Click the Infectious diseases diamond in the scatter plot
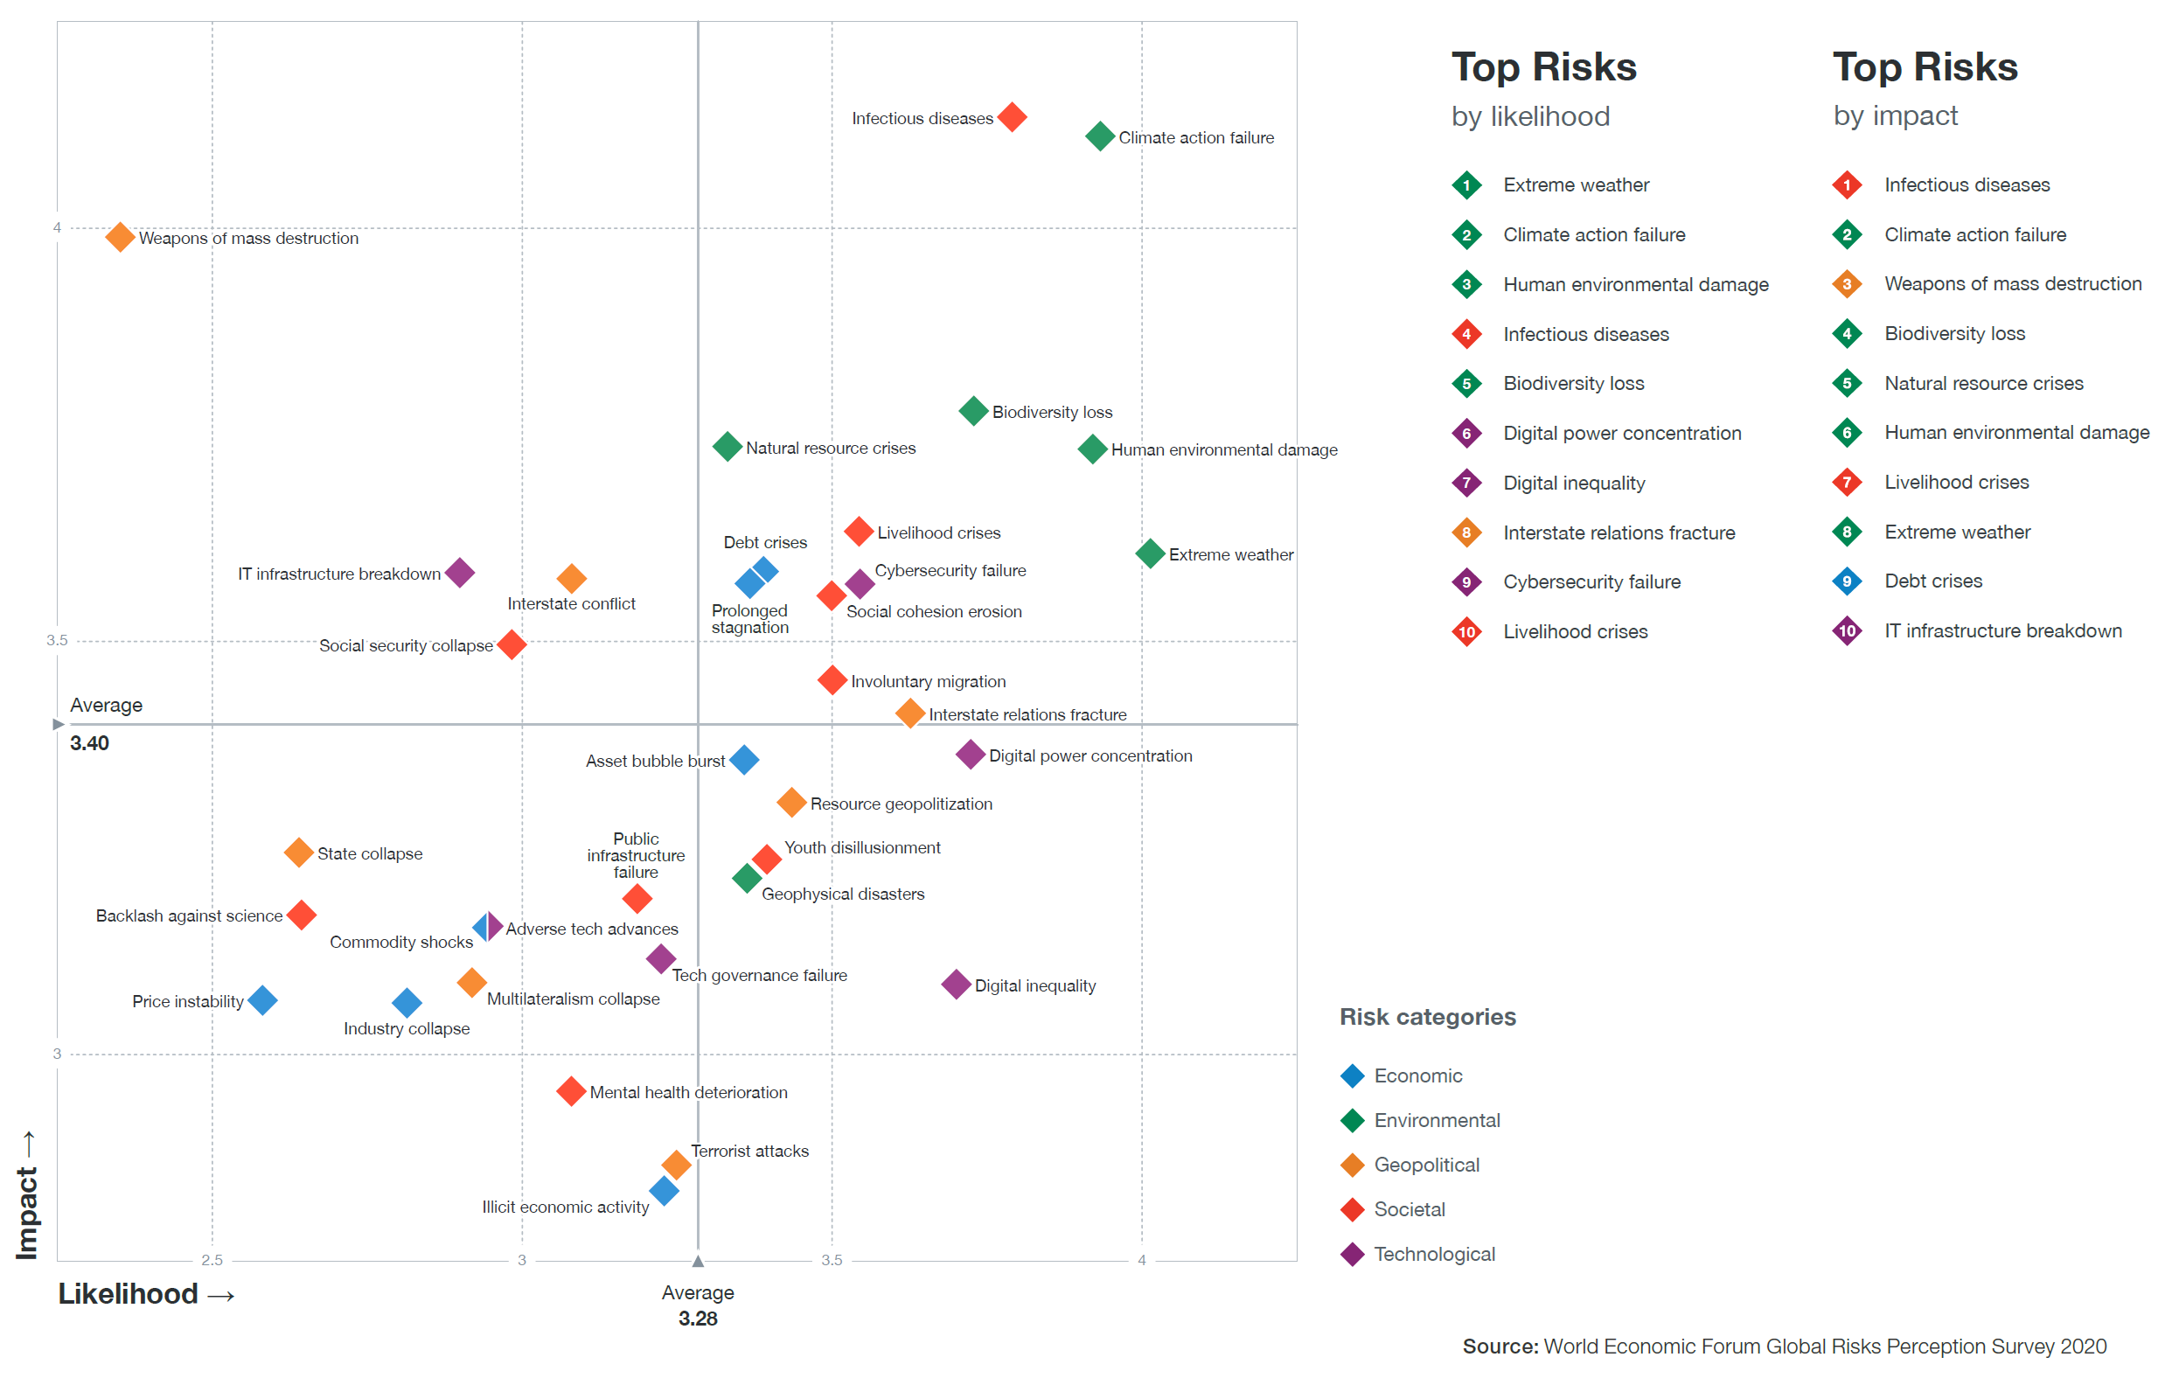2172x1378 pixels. [1012, 116]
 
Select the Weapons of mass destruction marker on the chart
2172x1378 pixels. [119, 237]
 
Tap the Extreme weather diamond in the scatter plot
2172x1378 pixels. [1149, 553]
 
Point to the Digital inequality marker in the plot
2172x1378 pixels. [955, 984]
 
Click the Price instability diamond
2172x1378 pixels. [262, 999]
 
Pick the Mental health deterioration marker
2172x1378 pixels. [570, 1091]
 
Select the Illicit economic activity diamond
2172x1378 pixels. [664, 1190]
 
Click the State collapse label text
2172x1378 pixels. [370, 853]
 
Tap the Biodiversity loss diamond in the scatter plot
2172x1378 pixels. [972, 410]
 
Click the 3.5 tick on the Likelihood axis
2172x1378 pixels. [831, 1260]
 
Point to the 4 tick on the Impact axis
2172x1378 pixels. [57, 227]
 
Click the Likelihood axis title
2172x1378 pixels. [128, 1293]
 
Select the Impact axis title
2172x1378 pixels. [26, 1212]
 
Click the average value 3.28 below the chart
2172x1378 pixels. [697, 1318]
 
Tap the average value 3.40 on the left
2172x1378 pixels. [89, 743]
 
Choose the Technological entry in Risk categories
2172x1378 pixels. [1434, 1254]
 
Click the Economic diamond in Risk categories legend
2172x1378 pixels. [1352, 1075]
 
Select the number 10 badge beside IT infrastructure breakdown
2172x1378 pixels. [1847, 630]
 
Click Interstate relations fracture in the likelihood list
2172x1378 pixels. [1619, 532]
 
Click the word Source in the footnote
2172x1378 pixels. [1500, 1346]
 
